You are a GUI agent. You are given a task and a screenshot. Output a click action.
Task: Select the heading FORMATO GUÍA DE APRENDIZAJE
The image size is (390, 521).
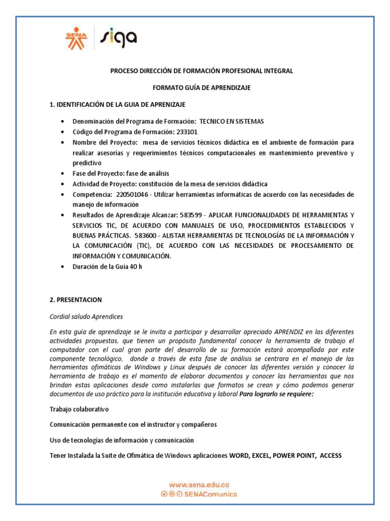coord(202,88)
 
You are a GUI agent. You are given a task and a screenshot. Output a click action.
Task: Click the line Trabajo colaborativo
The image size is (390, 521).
coord(79,409)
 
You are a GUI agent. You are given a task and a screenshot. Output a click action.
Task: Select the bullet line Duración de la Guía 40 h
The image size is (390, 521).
coord(107,267)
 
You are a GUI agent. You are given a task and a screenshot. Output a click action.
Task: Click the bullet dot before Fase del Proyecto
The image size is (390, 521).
coord(62,174)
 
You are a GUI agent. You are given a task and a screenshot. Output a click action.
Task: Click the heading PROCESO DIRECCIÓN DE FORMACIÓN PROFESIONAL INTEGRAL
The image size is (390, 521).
coord(202,71)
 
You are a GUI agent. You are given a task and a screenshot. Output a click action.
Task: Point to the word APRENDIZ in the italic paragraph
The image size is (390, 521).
coord(290,332)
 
